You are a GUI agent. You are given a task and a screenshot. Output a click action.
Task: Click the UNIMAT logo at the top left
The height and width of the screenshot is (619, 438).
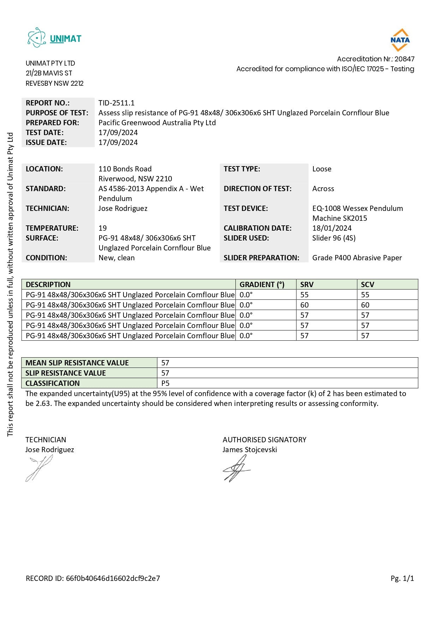pos(54,38)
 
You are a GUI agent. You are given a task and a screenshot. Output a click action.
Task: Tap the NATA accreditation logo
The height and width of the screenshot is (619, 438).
pos(400,40)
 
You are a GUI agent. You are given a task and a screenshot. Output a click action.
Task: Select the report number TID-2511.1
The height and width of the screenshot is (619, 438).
pos(116,103)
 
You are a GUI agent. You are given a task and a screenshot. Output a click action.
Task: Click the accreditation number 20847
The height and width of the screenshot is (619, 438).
pos(404,59)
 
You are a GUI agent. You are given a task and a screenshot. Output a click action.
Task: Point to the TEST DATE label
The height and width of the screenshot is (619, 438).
pos(45,133)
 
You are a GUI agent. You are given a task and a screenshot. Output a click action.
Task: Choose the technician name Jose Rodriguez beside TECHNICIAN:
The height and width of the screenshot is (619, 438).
pos(123,208)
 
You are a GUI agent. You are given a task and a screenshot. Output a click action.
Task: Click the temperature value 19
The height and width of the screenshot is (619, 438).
pos(103,228)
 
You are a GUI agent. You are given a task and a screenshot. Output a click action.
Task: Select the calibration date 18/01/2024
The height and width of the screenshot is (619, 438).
pos(332,228)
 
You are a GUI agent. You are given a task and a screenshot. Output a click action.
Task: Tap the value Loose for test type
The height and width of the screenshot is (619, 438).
pos(322,169)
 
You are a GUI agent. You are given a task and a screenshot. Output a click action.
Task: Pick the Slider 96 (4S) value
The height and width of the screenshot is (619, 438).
pos(334,238)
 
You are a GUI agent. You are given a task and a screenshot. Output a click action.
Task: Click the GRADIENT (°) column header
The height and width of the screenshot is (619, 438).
pos(262,285)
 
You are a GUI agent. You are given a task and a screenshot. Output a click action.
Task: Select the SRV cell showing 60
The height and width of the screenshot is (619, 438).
pos(305,305)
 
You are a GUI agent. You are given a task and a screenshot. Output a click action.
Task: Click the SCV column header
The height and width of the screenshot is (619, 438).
pos(367,285)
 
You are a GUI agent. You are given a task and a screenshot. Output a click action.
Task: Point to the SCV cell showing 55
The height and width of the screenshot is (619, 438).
pos(365,295)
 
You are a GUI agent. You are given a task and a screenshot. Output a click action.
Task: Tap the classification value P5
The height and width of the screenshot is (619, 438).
pos(166,383)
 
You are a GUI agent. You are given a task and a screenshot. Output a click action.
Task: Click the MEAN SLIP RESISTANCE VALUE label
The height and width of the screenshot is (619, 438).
pos(77,363)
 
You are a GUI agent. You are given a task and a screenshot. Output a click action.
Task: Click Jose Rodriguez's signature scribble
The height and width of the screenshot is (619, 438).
pos(39,468)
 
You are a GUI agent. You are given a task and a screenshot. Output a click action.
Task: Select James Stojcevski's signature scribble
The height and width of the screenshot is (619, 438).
pos(235,469)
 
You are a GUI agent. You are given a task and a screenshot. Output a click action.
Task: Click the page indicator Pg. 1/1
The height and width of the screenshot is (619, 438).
pos(402,578)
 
